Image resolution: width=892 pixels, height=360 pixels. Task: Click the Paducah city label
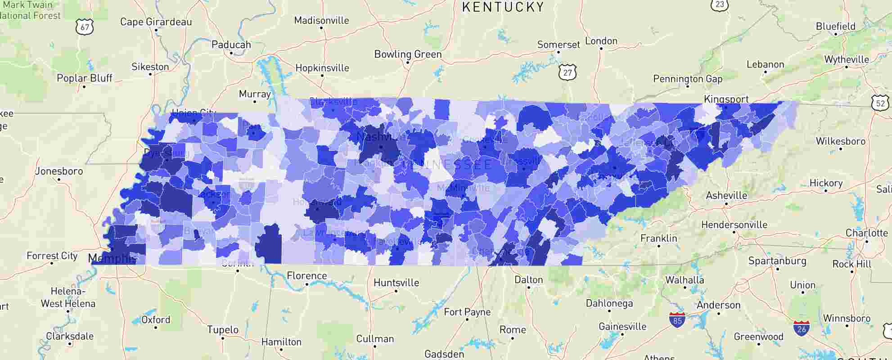(x=231, y=45)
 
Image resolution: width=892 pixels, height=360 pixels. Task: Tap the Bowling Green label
(x=408, y=54)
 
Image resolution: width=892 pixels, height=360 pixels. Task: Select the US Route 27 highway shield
(x=568, y=72)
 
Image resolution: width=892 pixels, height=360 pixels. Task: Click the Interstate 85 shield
(x=677, y=320)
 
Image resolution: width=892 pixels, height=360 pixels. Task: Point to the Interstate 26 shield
(x=801, y=328)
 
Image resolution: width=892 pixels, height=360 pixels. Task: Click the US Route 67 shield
(x=85, y=27)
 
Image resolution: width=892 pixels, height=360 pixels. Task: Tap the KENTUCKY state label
(x=503, y=7)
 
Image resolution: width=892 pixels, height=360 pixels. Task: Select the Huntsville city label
(x=396, y=283)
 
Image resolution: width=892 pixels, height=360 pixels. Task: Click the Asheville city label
(x=726, y=195)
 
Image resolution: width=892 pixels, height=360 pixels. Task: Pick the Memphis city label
(x=112, y=258)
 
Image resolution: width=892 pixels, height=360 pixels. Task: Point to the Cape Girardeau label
(x=156, y=22)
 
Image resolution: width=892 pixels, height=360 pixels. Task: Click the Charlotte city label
(x=866, y=233)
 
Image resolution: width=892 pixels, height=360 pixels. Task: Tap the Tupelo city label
(x=222, y=329)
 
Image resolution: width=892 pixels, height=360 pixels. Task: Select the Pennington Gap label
(x=688, y=79)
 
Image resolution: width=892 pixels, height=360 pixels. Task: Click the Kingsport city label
(x=726, y=99)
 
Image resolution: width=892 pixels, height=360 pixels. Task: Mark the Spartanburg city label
(x=777, y=261)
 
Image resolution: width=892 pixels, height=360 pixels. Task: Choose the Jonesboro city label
(x=59, y=171)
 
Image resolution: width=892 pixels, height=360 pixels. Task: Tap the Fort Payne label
(x=467, y=312)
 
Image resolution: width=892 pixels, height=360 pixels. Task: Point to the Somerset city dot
(x=558, y=52)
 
